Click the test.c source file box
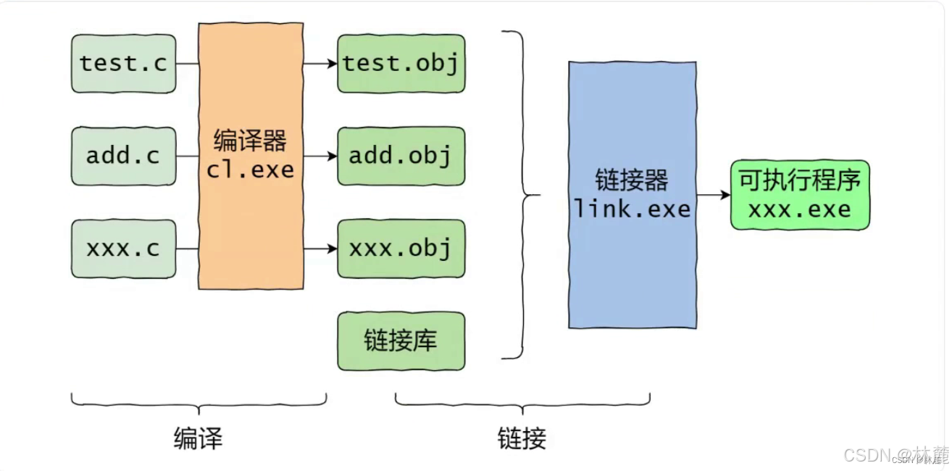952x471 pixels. point(123,64)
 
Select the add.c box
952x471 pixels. point(123,156)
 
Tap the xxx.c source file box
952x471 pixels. point(123,249)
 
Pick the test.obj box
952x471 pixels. point(401,64)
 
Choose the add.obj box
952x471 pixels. point(401,156)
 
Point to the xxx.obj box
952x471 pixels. point(401,249)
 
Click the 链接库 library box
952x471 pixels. point(401,341)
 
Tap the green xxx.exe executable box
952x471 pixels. point(800,195)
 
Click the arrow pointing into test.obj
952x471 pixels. point(320,64)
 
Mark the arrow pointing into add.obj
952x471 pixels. point(320,156)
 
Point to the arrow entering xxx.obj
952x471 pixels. point(320,249)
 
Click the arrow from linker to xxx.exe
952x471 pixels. point(713,195)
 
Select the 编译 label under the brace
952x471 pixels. point(198,438)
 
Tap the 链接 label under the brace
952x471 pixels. point(522,438)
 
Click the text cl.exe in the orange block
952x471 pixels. point(251,170)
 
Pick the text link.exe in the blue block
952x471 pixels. point(632,209)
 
